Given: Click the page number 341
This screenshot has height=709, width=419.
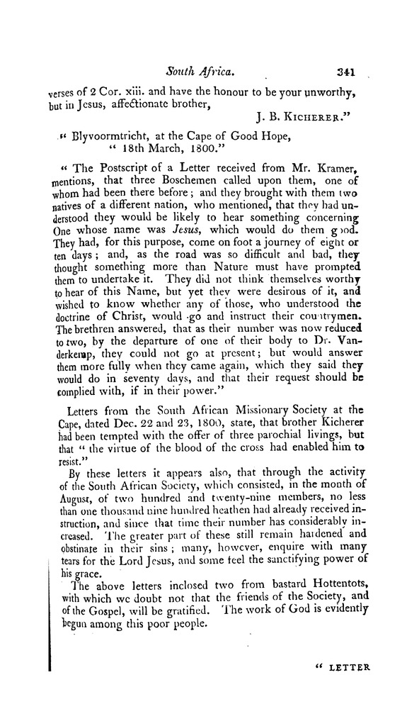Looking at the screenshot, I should (350, 72).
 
